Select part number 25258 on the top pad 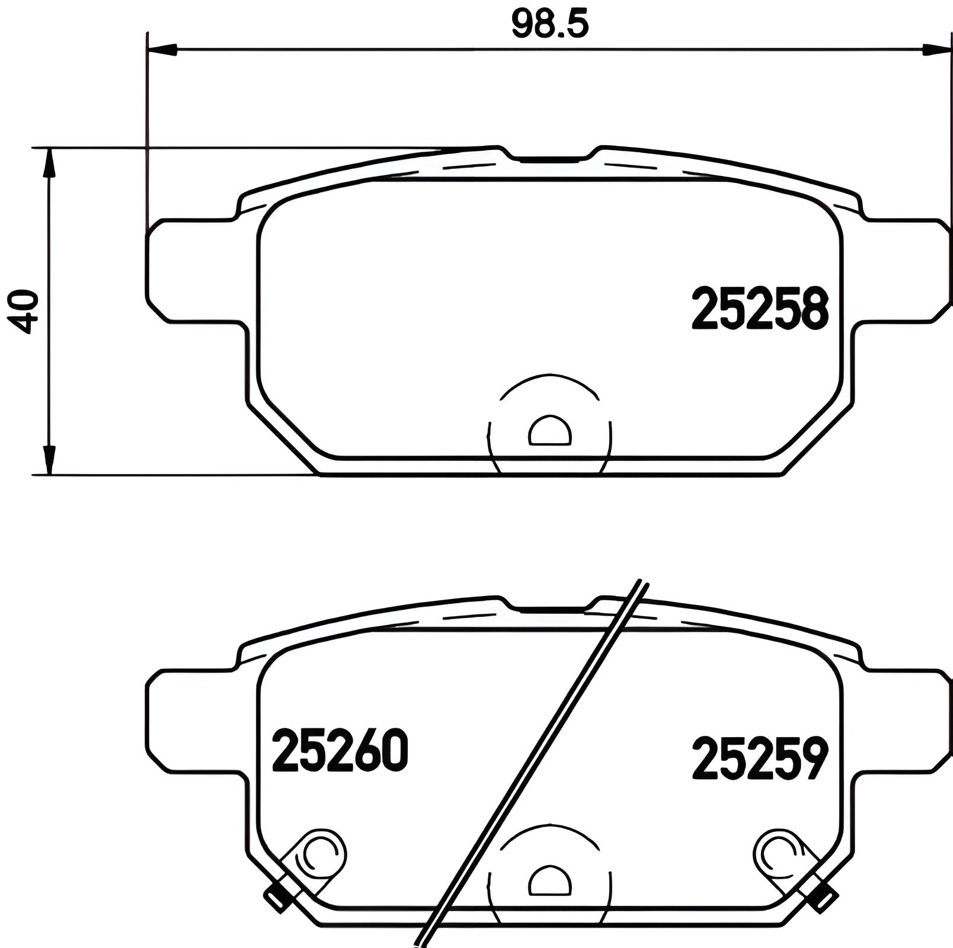pyautogui.click(x=759, y=308)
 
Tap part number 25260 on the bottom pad pyautogui.click(x=340, y=751)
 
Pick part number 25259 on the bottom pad pyautogui.click(x=759, y=758)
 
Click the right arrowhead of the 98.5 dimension pyautogui.click(x=936, y=50)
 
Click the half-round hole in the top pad pyautogui.click(x=551, y=431)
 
